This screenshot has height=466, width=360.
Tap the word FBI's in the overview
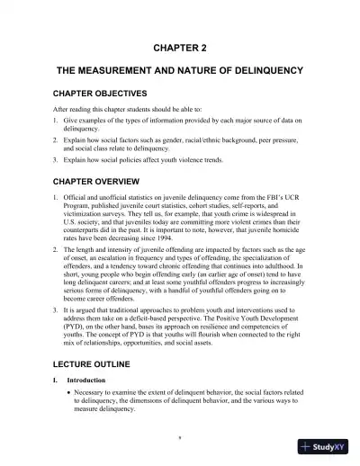(267, 195)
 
